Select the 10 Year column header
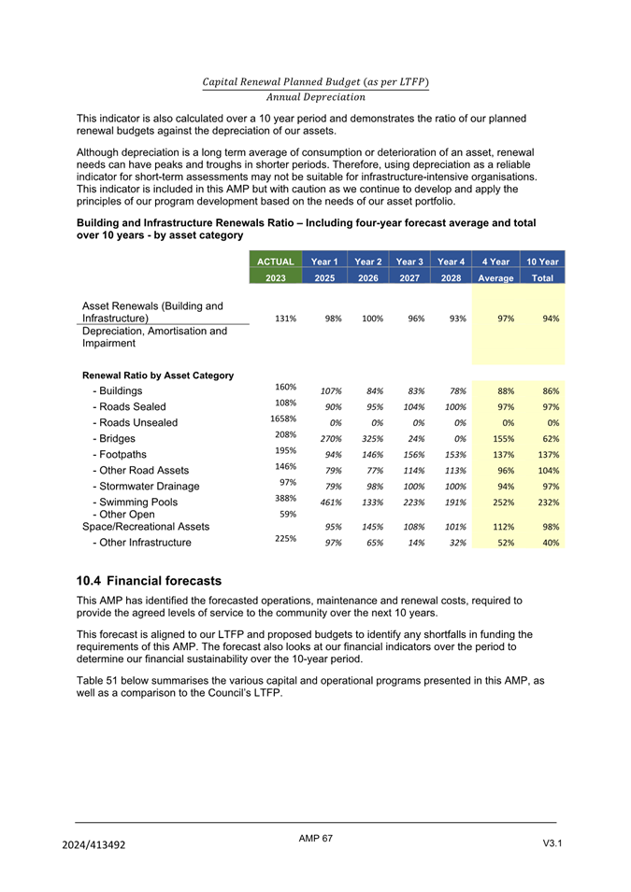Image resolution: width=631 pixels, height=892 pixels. [542, 262]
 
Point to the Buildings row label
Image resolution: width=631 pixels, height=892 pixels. [118, 390]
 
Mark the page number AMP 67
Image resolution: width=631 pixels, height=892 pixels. [316, 839]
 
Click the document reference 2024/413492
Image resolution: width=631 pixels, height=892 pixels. [93, 845]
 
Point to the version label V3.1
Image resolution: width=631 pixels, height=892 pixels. [552, 844]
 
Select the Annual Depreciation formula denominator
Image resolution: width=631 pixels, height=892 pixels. [315, 97]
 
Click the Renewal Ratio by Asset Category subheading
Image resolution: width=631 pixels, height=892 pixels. [158, 375]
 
